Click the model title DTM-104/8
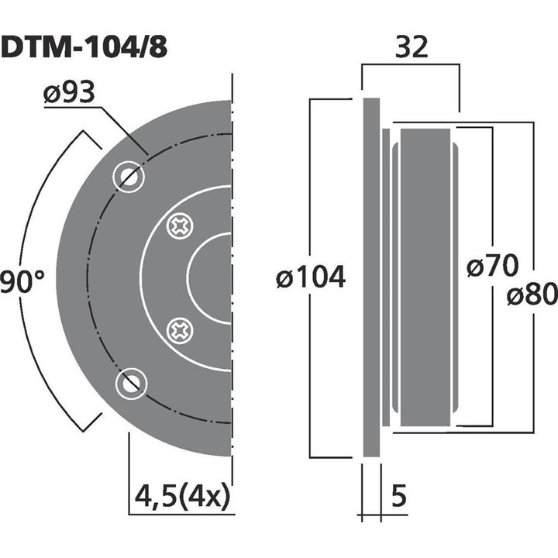[83, 48]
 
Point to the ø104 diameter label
[311, 277]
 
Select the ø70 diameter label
[492, 267]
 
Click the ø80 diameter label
[532, 294]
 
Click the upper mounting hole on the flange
[129, 177]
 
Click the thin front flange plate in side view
[371, 277]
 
